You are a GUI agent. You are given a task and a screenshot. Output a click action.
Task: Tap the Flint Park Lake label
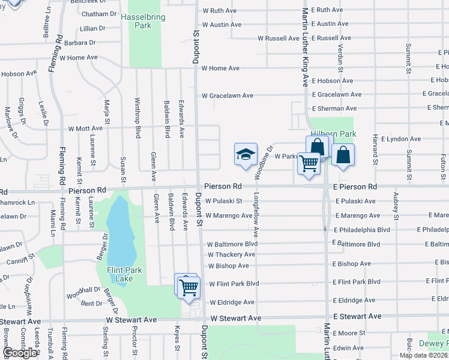point(124,274)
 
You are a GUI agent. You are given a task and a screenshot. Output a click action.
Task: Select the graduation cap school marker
point(246,155)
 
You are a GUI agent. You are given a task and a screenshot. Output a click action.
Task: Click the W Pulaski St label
point(223,202)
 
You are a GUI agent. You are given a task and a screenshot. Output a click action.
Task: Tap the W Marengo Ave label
point(228,215)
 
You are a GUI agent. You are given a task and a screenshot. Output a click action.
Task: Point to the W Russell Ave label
point(278,38)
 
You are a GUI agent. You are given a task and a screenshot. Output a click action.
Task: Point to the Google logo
point(21,353)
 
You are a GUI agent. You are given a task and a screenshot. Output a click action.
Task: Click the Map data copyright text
point(423,355)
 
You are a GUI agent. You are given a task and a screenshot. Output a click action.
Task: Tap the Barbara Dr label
point(80,43)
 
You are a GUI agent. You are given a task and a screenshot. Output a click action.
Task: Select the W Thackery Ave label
point(231,254)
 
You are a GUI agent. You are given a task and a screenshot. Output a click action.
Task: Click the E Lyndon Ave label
point(396,139)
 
